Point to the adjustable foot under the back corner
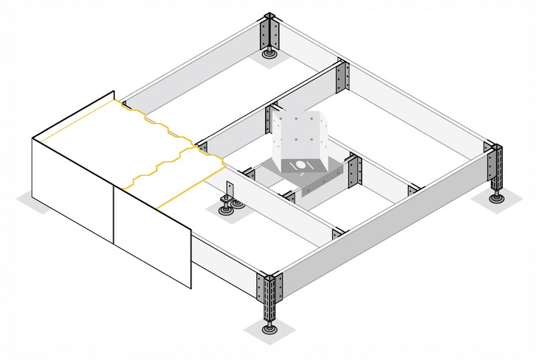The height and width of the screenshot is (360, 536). pyautogui.click(x=269, y=52)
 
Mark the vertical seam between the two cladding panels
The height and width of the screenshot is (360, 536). pyautogui.click(x=113, y=213)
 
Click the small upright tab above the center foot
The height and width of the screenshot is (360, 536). pyautogui.click(x=228, y=188)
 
